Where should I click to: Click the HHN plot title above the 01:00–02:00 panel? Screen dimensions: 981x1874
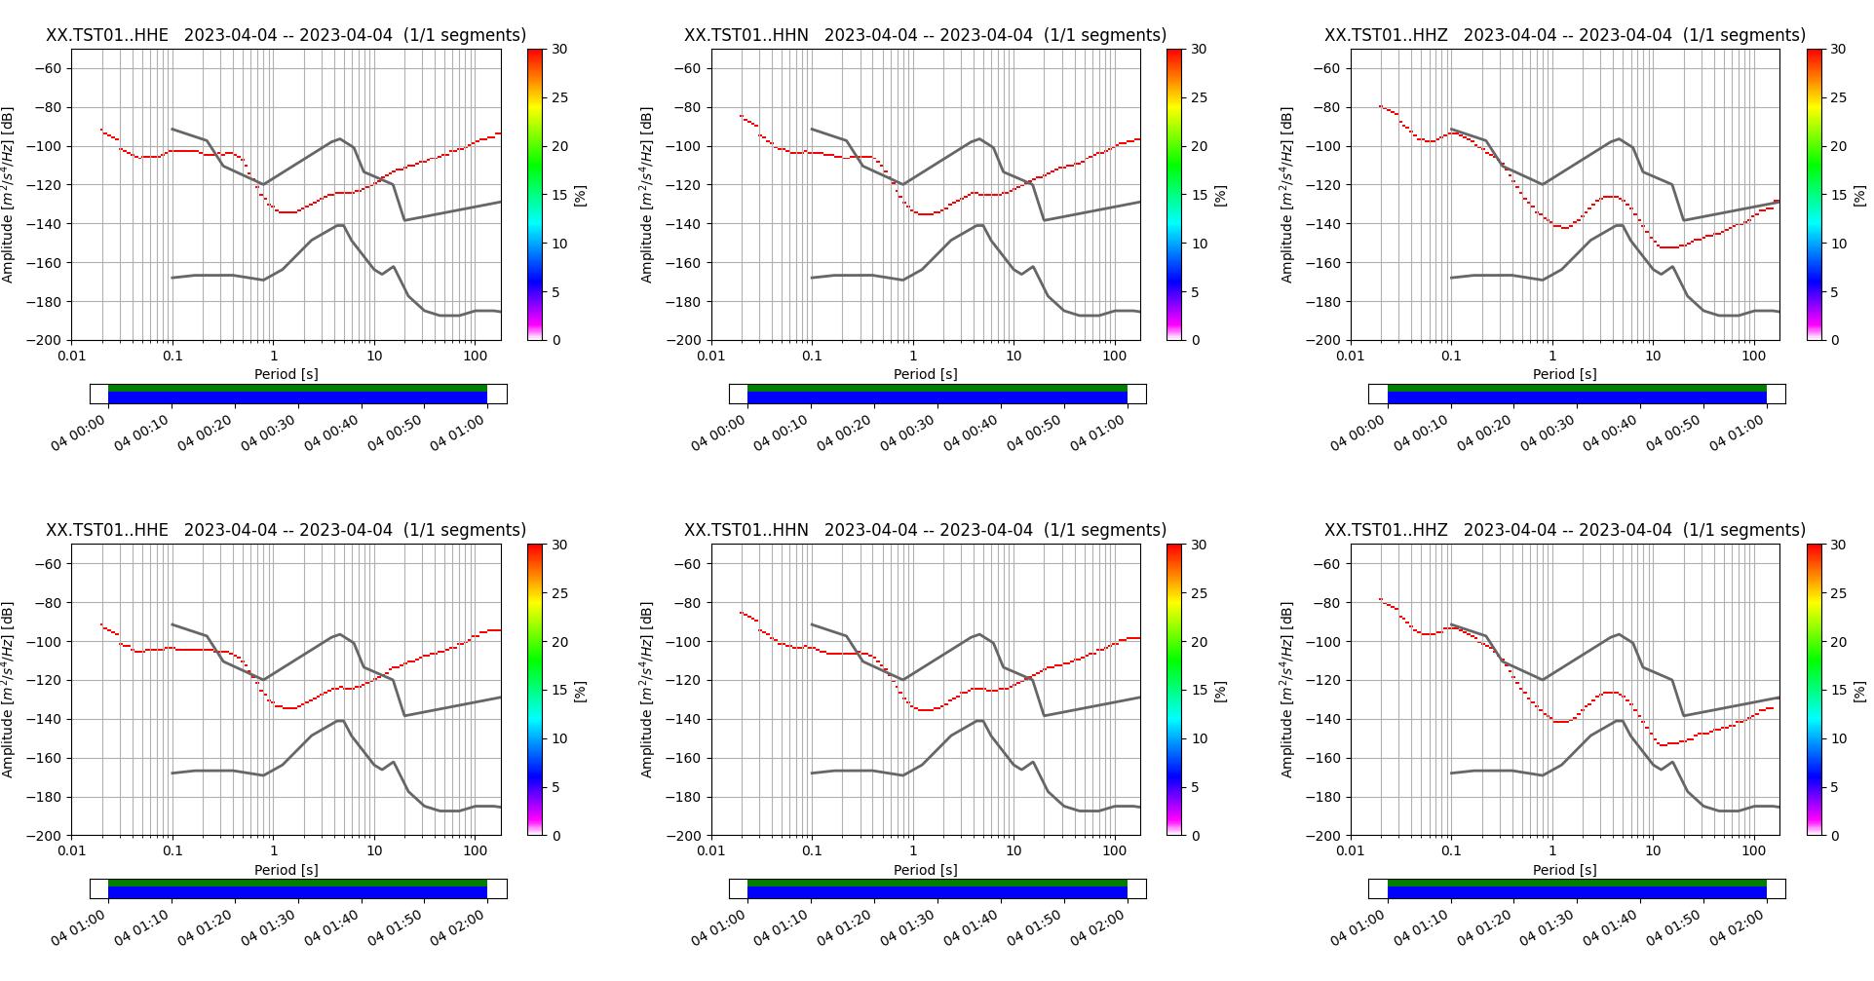coord(925,530)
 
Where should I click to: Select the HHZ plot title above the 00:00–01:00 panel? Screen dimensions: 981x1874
coord(1564,35)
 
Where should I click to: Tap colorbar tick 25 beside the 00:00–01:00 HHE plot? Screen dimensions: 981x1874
coord(559,97)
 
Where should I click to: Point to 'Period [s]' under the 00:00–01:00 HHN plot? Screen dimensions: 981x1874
coord(925,374)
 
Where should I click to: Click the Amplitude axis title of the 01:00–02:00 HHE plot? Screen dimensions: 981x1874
coord(9,690)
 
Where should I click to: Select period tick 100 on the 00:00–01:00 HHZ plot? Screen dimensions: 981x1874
coord(1753,356)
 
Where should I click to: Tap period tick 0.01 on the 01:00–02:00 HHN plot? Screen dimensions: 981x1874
coord(711,851)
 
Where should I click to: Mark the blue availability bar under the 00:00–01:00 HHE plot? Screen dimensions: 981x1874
coord(297,397)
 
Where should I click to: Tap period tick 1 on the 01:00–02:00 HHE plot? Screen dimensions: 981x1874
coord(274,851)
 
